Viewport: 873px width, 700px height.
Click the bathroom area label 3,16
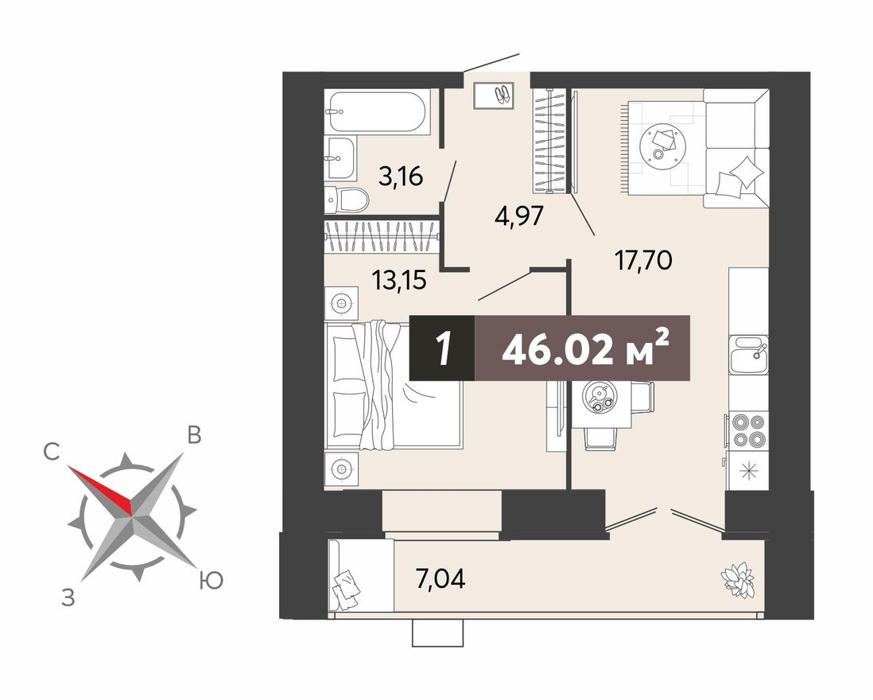click(x=400, y=176)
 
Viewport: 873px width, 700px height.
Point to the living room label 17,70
click(x=643, y=259)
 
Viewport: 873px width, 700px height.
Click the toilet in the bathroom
click(x=348, y=199)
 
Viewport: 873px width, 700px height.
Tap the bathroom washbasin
click(x=340, y=157)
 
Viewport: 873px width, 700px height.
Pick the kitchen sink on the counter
click(x=748, y=354)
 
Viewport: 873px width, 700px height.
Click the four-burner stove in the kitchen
click(x=748, y=430)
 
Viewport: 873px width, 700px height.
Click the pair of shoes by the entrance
click(x=502, y=95)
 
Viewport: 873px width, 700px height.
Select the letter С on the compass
click(x=52, y=453)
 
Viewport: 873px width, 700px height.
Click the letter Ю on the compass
click(x=210, y=582)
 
